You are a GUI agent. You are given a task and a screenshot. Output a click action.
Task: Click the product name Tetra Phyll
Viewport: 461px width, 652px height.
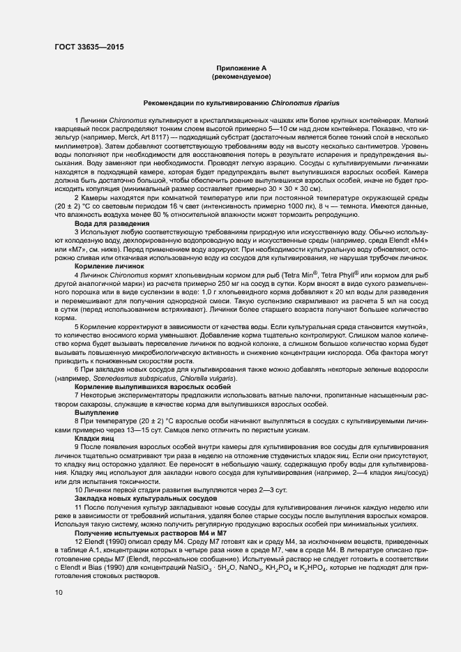(x=337, y=275)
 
